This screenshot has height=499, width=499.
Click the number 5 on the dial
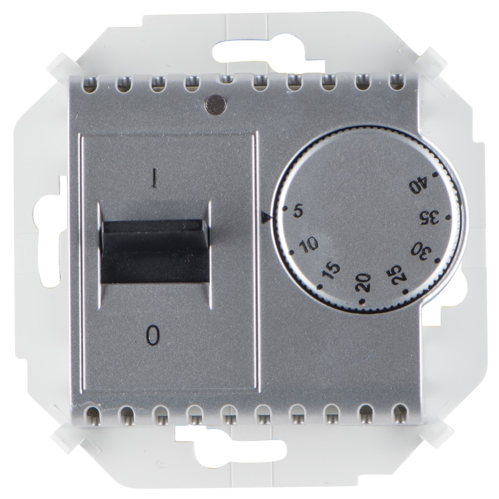298,211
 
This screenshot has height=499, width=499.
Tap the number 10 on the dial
308,245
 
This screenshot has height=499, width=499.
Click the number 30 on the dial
421,250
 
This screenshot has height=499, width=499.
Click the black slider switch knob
155,251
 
